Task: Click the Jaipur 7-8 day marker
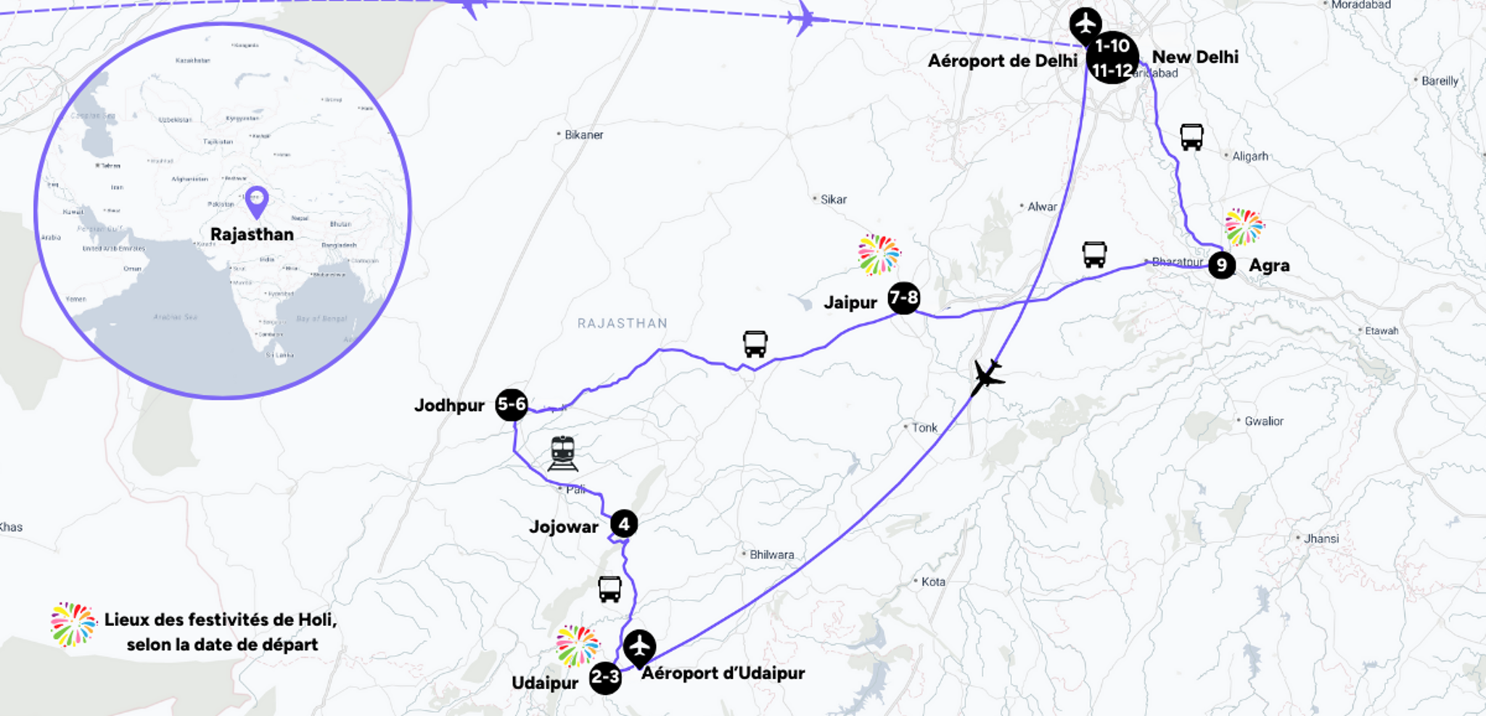tap(903, 298)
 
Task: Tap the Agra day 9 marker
tap(1222, 265)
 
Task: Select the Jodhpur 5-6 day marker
tap(512, 404)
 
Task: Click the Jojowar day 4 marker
tap(624, 524)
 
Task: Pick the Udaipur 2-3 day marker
tap(605, 678)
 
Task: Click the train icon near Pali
tap(563, 453)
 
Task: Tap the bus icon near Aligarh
tap(1191, 137)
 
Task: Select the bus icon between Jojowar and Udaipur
tap(609, 588)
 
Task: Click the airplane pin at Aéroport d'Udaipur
tap(639, 646)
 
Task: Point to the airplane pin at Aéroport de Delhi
tap(1085, 25)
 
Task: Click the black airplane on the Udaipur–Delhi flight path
tap(986, 376)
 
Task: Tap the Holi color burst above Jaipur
tap(879, 255)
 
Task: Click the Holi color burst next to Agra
tap(1244, 227)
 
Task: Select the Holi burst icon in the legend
tap(73, 624)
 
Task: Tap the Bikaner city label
tap(583, 135)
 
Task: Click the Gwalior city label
tap(1263, 421)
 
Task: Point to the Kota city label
tap(932, 582)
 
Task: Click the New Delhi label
tap(1195, 57)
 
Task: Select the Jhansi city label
tap(1321, 539)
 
